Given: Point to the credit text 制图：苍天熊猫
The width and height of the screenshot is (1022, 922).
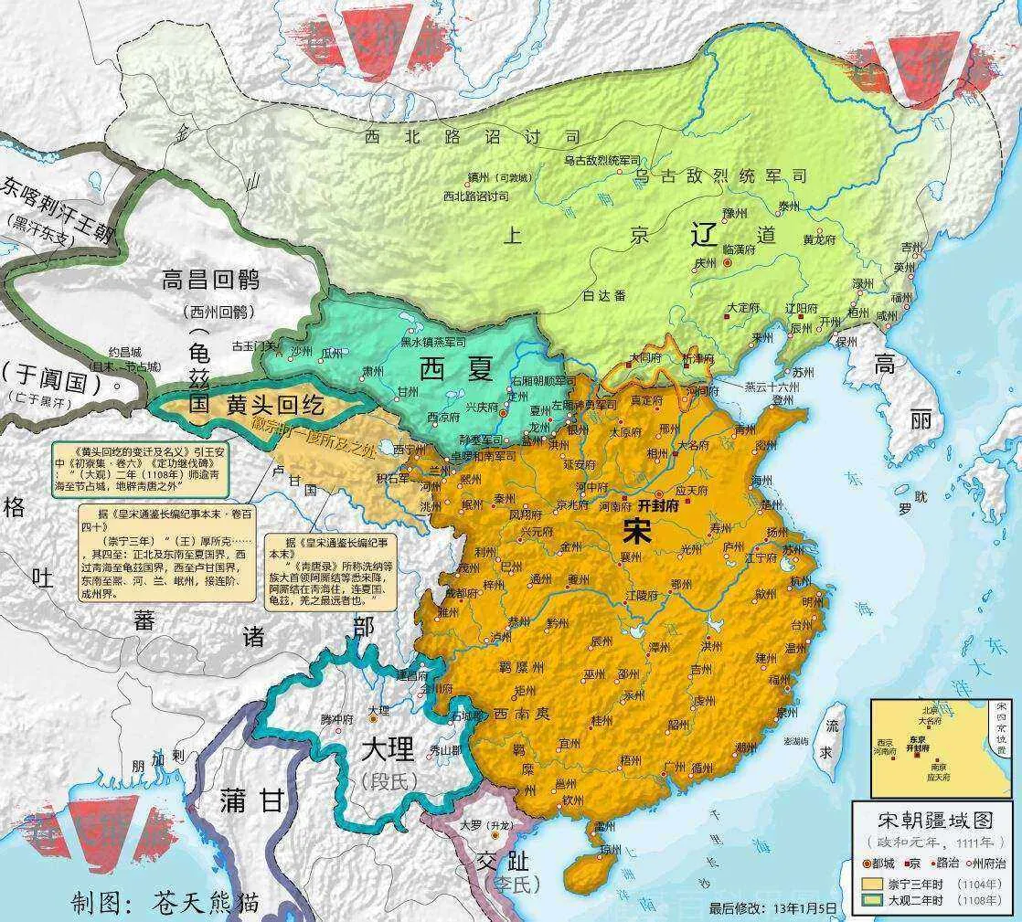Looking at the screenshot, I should pyautogui.click(x=165, y=903).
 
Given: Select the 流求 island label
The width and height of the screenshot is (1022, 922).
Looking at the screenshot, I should pyautogui.click(x=832, y=740).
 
